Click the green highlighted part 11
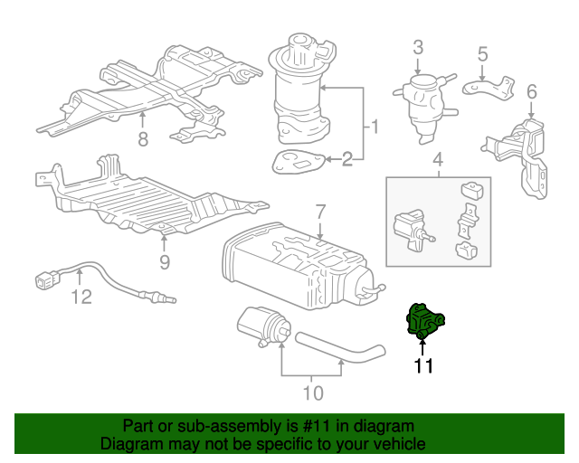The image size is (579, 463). tap(422, 322)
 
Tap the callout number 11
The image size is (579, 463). tap(423, 366)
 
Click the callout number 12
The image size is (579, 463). tap(81, 297)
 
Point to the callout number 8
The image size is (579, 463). tap(142, 138)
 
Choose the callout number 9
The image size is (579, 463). tap(164, 263)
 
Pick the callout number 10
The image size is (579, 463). tap(312, 393)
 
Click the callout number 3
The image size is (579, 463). tap(418, 48)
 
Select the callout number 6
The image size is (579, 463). tap(531, 90)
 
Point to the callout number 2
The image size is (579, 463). tap(346, 159)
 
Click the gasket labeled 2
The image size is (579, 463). tap(296, 162)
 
